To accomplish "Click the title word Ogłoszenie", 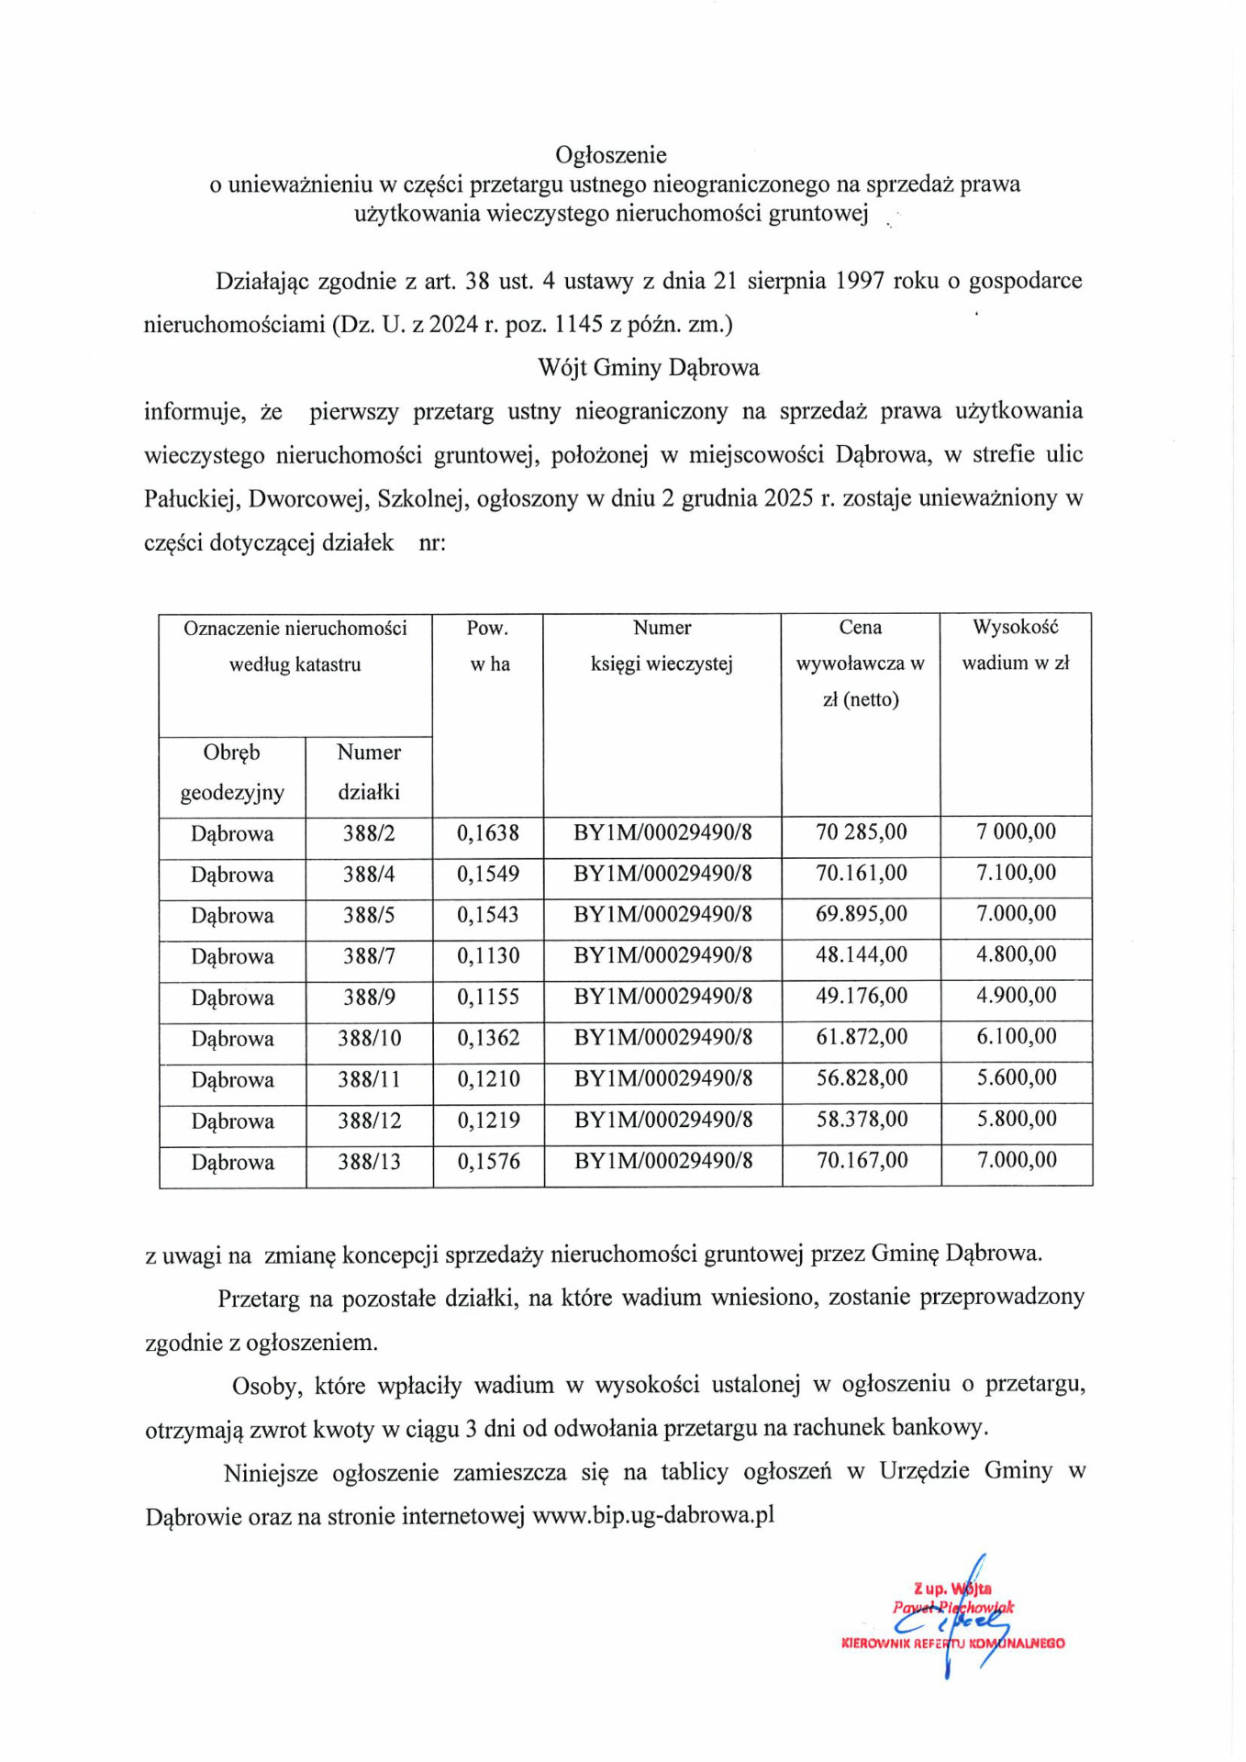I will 610,155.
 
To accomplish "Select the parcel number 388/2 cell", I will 369,833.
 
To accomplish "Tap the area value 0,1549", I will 488,874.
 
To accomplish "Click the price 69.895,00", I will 861,914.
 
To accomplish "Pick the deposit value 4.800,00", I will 1016,954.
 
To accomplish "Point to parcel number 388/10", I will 369,1038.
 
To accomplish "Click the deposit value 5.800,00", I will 1016,1119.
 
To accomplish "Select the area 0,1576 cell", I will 488,1161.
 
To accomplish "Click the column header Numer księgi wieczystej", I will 662,646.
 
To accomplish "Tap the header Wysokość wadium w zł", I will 1015,645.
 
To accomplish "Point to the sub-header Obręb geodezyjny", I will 231,772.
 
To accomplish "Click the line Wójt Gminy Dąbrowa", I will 648,368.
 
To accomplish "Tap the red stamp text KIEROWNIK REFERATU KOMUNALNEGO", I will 952,1643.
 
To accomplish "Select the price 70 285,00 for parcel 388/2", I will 861,832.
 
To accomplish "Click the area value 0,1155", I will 488,997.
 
